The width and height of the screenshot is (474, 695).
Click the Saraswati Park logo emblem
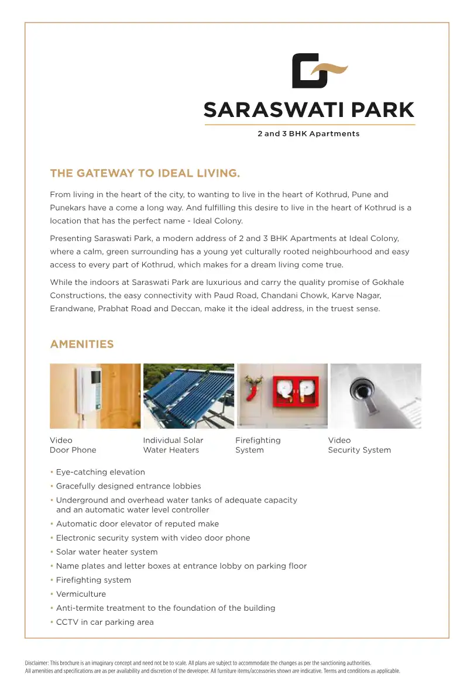point(319,71)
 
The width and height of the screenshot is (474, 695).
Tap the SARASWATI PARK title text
point(309,110)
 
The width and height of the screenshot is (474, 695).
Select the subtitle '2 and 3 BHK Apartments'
point(308,134)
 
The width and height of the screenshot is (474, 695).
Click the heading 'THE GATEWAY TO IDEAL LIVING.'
point(145,173)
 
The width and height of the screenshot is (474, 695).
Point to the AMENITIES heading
point(82,344)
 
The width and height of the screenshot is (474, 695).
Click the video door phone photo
point(95,396)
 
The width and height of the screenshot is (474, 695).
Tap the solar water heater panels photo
point(188,396)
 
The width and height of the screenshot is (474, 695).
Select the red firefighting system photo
point(282,396)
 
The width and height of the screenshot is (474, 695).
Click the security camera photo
point(375,396)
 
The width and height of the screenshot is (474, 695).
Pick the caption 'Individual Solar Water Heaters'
point(173,445)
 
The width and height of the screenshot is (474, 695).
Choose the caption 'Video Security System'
point(359,445)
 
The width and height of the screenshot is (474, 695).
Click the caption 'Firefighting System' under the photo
point(257,445)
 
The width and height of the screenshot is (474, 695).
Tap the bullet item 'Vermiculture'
point(81,594)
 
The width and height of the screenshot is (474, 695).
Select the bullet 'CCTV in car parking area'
point(105,622)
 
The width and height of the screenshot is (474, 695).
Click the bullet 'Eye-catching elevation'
point(100,472)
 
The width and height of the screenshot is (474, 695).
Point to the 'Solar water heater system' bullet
point(107,552)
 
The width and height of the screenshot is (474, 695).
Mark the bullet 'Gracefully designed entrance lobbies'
point(128,486)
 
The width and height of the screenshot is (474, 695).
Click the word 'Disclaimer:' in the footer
point(37,663)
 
